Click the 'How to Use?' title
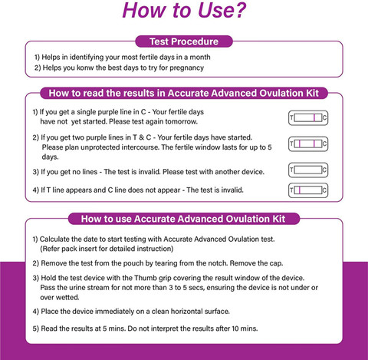point(184,10)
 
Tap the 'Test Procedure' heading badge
point(184,41)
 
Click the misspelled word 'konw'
point(85,68)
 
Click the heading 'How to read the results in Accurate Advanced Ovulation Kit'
point(184,93)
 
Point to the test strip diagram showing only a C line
point(308,118)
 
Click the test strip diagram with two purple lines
point(308,144)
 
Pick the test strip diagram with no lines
point(308,170)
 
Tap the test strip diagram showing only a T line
point(308,190)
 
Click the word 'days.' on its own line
point(51,157)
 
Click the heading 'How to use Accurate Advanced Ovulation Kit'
point(184,219)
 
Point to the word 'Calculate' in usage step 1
point(54,239)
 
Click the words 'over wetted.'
point(60,297)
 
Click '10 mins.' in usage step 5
point(245,329)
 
